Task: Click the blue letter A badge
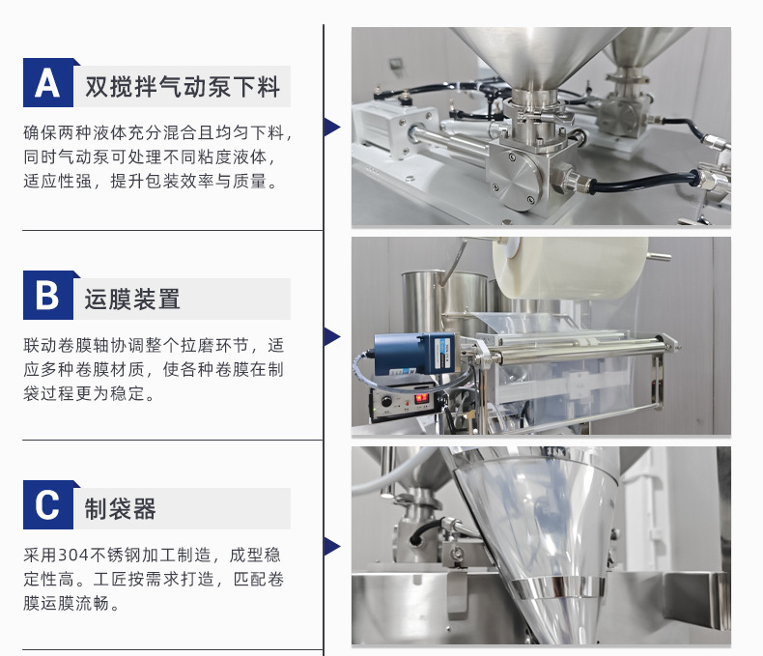[x=48, y=83]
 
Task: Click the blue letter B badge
[x=48, y=295]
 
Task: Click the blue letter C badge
[x=48, y=504]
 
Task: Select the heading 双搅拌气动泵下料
[x=183, y=87]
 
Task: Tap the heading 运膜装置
[x=132, y=299]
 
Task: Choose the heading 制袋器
[x=120, y=508]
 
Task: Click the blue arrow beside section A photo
[x=332, y=127]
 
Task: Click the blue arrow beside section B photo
[x=332, y=337]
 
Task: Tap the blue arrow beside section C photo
[x=332, y=547]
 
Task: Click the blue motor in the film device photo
[x=414, y=354]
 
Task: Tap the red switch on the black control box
[x=420, y=398]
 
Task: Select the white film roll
[x=569, y=267]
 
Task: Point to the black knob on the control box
[x=386, y=402]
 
